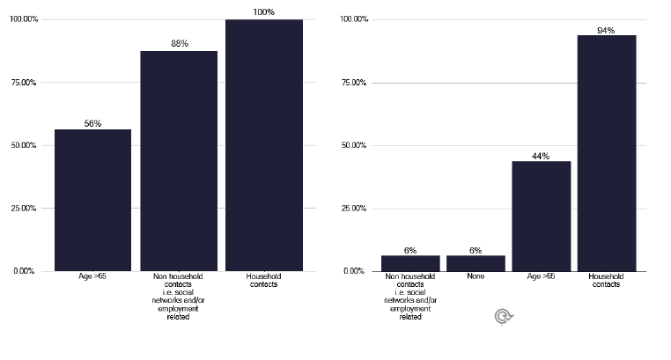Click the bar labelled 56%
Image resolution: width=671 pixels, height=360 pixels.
click(x=92, y=200)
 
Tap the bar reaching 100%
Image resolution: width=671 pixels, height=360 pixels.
click(x=263, y=144)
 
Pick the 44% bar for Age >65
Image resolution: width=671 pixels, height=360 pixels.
click(x=541, y=216)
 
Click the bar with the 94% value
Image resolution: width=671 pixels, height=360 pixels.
click(x=606, y=153)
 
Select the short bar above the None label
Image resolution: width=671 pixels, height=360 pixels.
click(x=476, y=263)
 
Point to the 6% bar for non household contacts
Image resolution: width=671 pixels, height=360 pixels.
click(x=410, y=263)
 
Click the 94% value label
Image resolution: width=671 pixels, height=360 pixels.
click(x=606, y=30)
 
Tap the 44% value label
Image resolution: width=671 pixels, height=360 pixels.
click(x=541, y=156)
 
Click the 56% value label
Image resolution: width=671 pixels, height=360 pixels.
click(x=92, y=124)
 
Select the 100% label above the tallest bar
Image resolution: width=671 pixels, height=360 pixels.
click(x=263, y=12)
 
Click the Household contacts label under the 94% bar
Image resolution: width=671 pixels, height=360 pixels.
click(x=606, y=281)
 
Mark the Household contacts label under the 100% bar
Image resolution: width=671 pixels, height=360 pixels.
click(x=263, y=281)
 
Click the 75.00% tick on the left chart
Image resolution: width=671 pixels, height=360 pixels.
click(x=22, y=83)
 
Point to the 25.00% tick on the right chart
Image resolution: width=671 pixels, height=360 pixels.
click(x=353, y=209)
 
